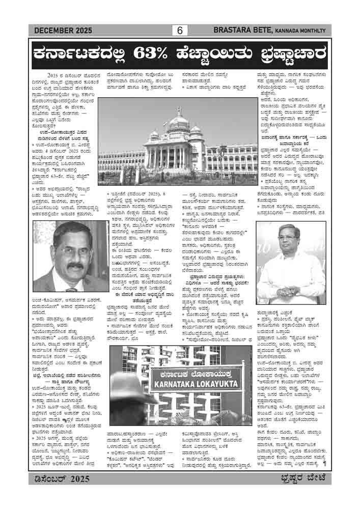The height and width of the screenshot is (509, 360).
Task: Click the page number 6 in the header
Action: point(180,31)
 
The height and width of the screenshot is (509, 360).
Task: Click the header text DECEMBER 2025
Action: point(63,31)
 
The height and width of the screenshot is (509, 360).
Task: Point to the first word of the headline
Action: point(81,53)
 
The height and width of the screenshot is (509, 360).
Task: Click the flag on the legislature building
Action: point(179,109)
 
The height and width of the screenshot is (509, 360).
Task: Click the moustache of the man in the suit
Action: point(75,266)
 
